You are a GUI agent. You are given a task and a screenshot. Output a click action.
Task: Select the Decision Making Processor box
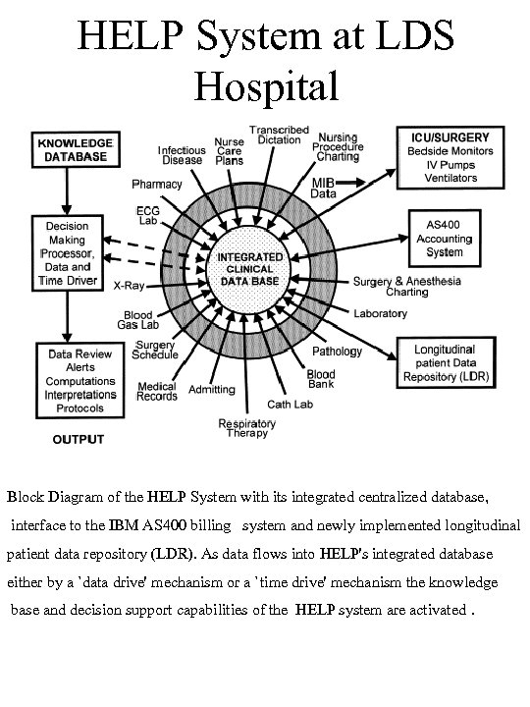(x=67, y=252)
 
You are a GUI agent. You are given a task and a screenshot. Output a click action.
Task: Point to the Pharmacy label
(x=157, y=184)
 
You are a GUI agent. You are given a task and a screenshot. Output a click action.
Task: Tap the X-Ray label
(x=129, y=286)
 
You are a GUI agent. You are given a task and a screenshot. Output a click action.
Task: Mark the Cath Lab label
(x=291, y=404)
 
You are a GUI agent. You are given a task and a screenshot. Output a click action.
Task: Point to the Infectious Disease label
(x=182, y=156)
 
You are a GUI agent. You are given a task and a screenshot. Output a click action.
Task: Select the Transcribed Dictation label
(x=279, y=136)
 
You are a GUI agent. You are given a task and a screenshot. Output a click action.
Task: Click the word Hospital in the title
(x=266, y=84)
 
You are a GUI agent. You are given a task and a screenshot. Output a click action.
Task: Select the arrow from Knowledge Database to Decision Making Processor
(x=66, y=192)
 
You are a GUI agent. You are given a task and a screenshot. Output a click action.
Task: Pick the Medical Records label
(x=158, y=391)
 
